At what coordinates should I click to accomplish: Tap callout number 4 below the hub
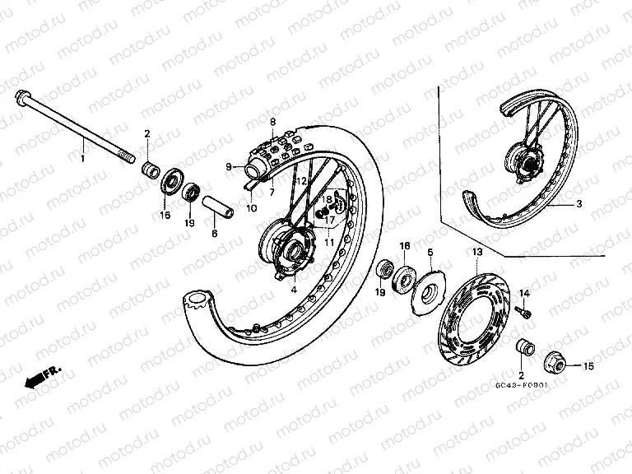point(291,289)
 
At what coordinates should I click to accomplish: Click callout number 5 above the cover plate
point(430,251)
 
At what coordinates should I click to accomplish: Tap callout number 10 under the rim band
point(250,208)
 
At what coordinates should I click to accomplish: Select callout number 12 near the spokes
point(301,180)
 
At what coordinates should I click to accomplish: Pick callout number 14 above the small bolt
point(524,294)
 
